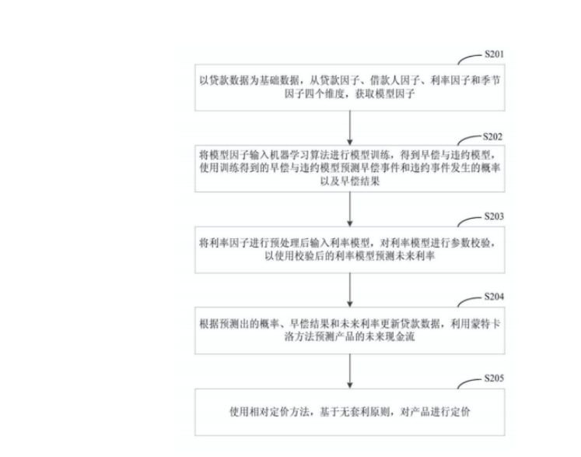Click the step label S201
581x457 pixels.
(494, 55)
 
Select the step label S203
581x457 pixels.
(494, 216)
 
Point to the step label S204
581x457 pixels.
(494, 297)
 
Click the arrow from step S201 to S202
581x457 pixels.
(351, 125)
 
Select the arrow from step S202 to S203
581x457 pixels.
(351, 207)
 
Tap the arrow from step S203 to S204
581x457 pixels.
(351, 288)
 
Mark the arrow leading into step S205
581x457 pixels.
(351, 369)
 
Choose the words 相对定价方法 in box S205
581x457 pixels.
(282, 410)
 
